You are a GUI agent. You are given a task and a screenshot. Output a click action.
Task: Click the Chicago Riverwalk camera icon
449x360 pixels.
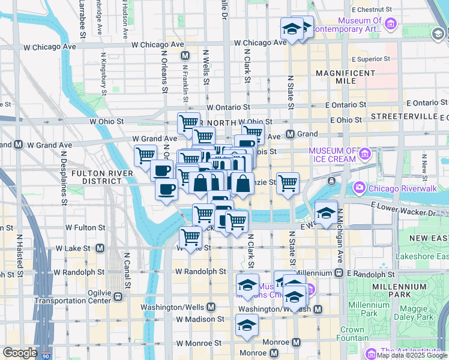pyautogui.click(x=359, y=188)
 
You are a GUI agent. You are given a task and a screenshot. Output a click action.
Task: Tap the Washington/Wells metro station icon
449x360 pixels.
pyautogui.click(x=211, y=307)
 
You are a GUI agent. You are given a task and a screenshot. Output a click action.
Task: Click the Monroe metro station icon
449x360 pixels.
pyautogui.click(x=296, y=343)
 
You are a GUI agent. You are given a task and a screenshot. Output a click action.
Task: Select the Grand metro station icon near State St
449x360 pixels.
pyautogui.click(x=291, y=134)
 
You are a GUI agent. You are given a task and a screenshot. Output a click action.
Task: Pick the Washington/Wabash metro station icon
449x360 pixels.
pyautogui.click(x=318, y=309)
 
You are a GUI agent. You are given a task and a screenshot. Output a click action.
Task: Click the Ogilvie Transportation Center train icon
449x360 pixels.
pyautogui.click(x=118, y=296)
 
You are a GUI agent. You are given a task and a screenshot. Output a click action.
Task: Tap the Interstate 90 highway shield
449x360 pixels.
pyautogui.click(x=46, y=355)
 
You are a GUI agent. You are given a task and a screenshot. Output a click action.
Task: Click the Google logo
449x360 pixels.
pyautogui.click(x=20, y=353)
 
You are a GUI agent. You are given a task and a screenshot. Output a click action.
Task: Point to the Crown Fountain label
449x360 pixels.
pyautogui.click(x=352, y=334)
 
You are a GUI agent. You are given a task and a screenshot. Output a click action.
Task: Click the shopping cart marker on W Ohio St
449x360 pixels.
pyautogui.click(x=189, y=122)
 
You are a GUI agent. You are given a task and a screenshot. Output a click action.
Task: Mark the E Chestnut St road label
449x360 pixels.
pyautogui.click(x=373, y=10)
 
